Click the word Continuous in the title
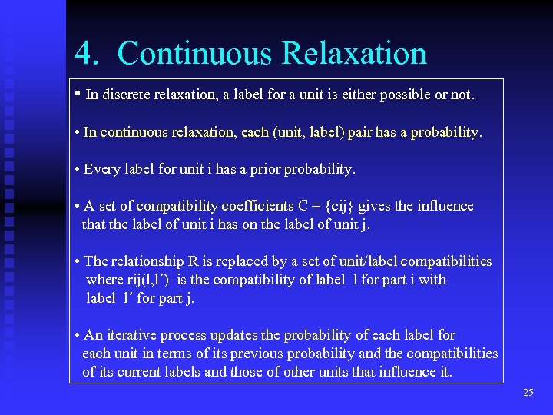pyautogui.click(x=194, y=54)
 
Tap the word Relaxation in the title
pyautogui.click(x=354, y=54)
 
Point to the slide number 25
pyautogui.click(x=528, y=393)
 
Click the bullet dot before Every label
pyautogui.click(x=78, y=169)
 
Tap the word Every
pyautogui.click(x=100, y=169)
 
